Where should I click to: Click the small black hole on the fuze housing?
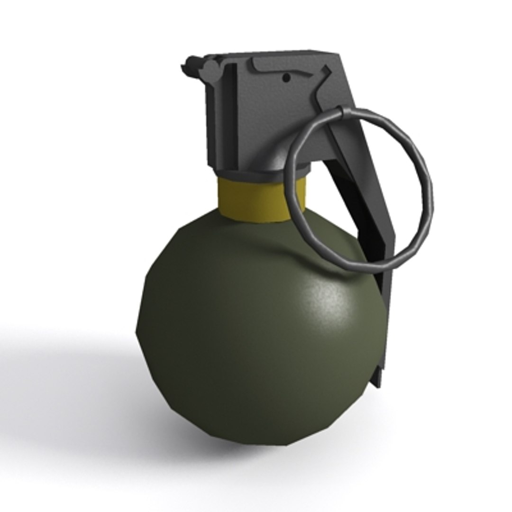coord(286,77)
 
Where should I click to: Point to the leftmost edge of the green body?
coord(138,327)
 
